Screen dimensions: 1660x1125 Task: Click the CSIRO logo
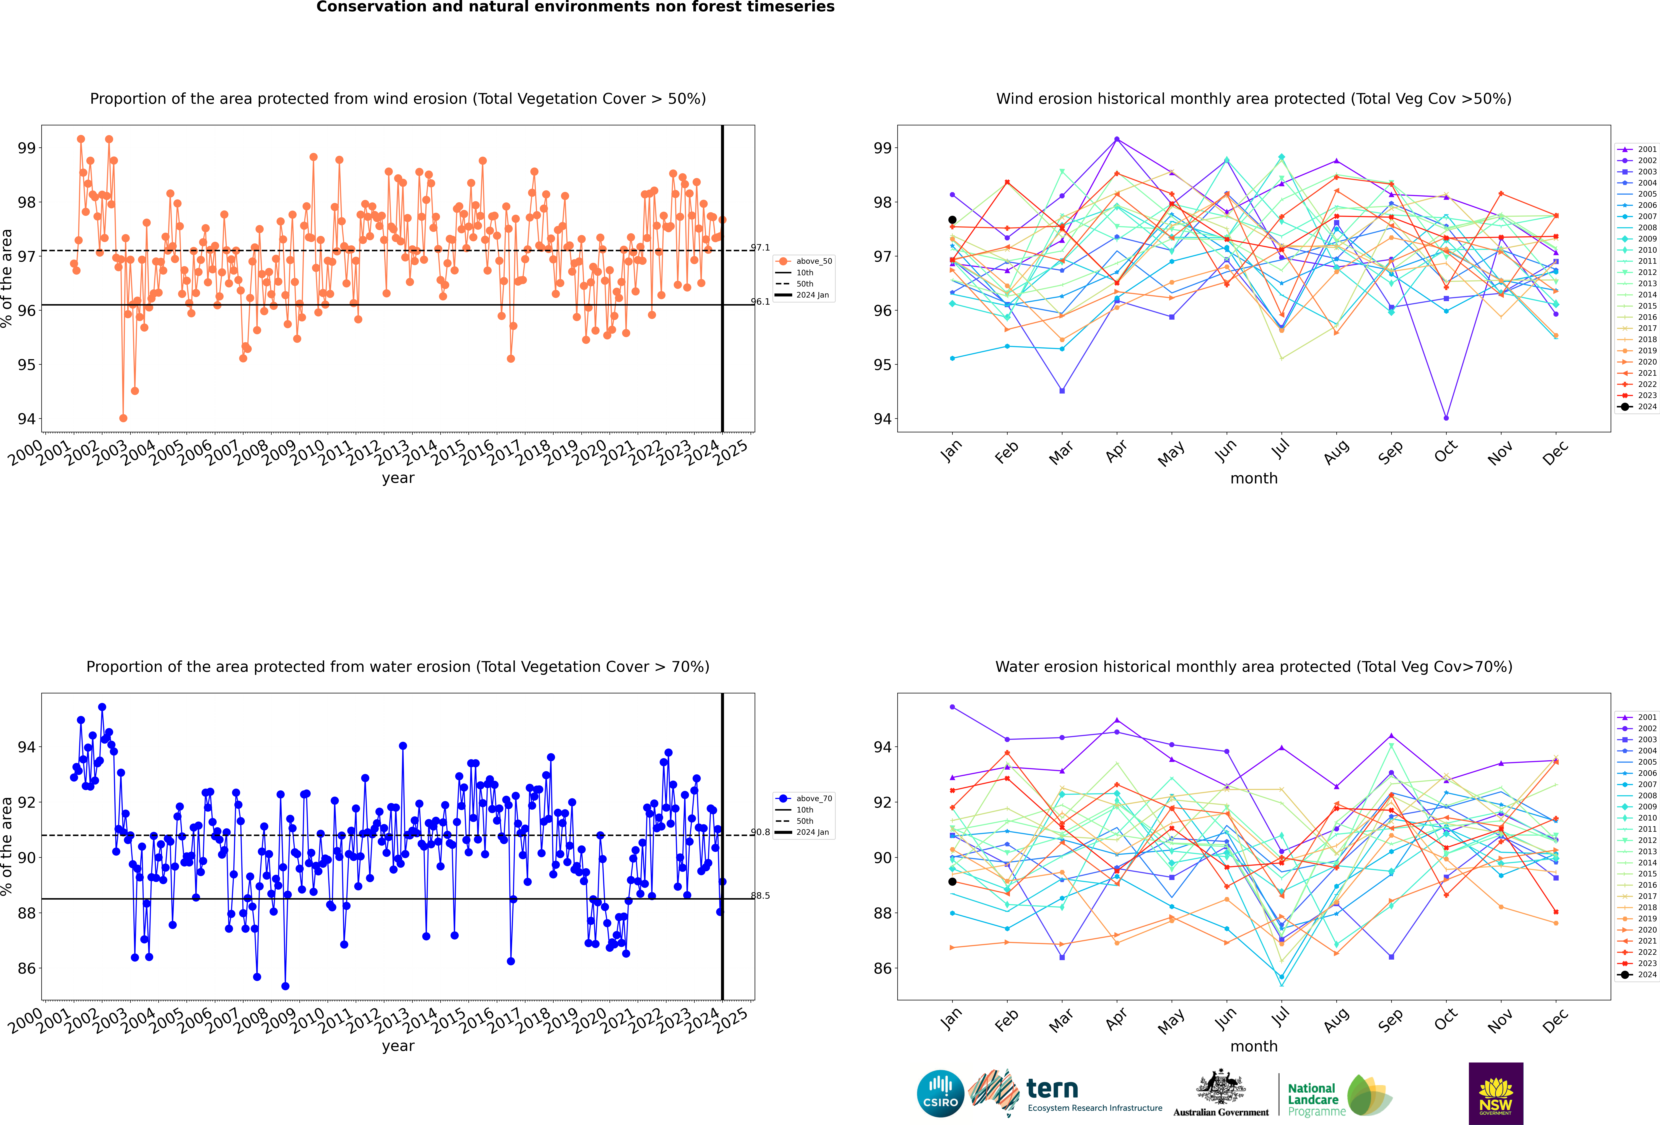pyautogui.click(x=940, y=1093)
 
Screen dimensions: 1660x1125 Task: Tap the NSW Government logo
pyautogui.click(x=1496, y=1093)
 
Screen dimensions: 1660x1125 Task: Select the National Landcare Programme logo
pyautogui.click(x=1340, y=1095)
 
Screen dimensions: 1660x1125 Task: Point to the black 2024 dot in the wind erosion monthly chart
pyautogui.click(x=952, y=220)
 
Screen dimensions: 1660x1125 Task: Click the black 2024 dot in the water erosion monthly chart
pyautogui.click(x=952, y=881)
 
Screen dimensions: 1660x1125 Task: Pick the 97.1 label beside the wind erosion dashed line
pyautogui.click(x=760, y=248)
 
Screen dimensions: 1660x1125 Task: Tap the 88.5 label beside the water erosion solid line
pyautogui.click(x=760, y=896)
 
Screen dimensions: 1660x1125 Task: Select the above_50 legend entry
pyautogui.click(x=804, y=261)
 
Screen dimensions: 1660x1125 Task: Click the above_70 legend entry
pyautogui.click(x=804, y=799)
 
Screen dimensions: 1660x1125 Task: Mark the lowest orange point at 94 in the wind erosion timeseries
pyautogui.click(x=124, y=418)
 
